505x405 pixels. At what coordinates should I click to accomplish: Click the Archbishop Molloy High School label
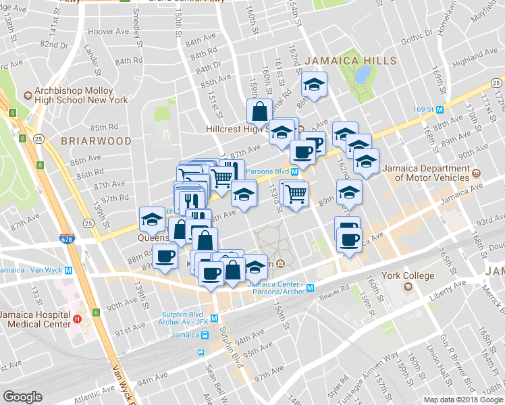pyautogui.click(x=80, y=95)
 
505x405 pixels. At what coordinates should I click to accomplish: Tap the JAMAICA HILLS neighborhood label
pyautogui.click(x=350, y=61)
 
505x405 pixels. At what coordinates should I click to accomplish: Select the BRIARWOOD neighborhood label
pyautogui.click(x=96, y=141)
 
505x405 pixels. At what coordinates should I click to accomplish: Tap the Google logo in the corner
pyautogui.click(x=23, y=397)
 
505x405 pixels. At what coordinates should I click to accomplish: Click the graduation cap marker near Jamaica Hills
pyautogui.click(x=313, y=85)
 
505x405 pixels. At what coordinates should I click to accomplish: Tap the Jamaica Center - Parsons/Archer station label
pyautogui.click(x=276, y=288)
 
